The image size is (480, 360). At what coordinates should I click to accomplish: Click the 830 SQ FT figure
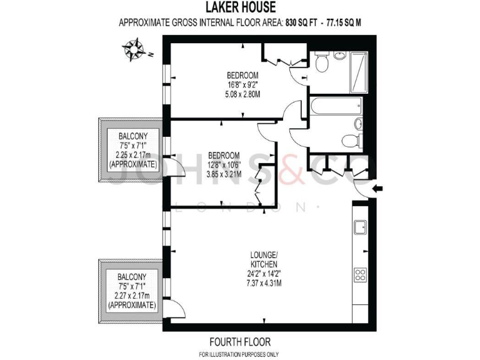[x=297, y=23]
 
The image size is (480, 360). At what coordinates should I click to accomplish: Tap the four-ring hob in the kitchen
[x=361, y=274]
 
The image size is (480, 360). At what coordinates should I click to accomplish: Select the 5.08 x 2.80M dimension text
[x=242, y=94]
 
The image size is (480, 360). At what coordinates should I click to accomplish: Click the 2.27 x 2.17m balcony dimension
[x=132, y=297]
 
